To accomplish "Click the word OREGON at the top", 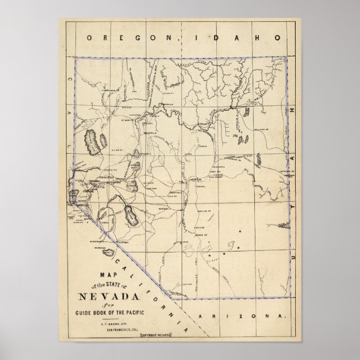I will point(116,38).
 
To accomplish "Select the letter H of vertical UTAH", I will point(292,111).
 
